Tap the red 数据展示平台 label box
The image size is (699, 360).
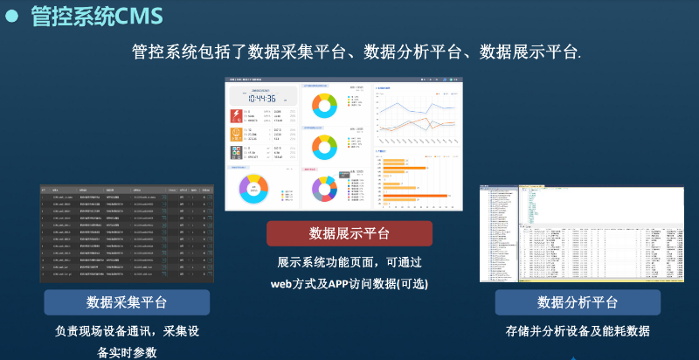coord(349,233)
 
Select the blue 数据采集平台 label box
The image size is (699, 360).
coord(127,302)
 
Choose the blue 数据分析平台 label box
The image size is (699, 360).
coord(578,302)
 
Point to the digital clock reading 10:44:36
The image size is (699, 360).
coord(263,99)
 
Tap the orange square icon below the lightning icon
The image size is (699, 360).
coord(236,134)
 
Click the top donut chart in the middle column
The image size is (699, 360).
coord(324,106)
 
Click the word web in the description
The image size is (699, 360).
coord(280,284)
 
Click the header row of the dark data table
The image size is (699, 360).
coord(127,190)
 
